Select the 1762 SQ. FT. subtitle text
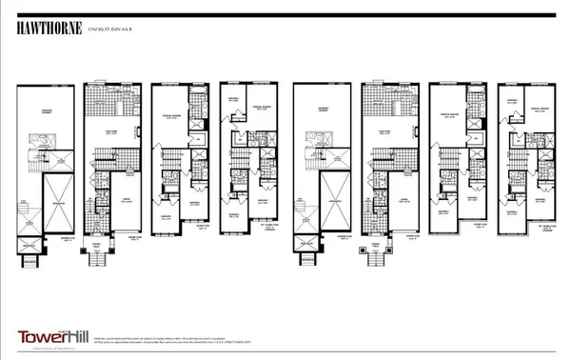111,30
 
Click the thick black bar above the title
285,10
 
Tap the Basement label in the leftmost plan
47,111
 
